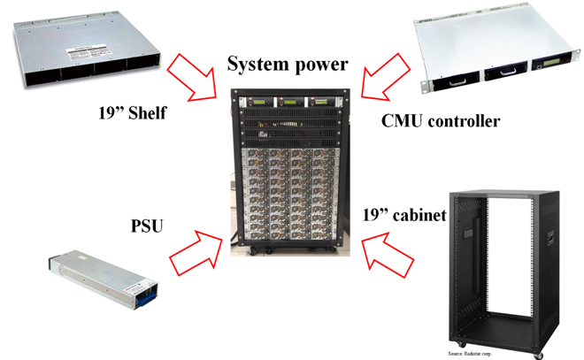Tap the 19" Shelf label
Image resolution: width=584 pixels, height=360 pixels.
pyautogui.click(x=132, y=112)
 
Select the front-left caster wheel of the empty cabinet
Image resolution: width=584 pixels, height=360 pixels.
pyautogui.click(x=459, y=341)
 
